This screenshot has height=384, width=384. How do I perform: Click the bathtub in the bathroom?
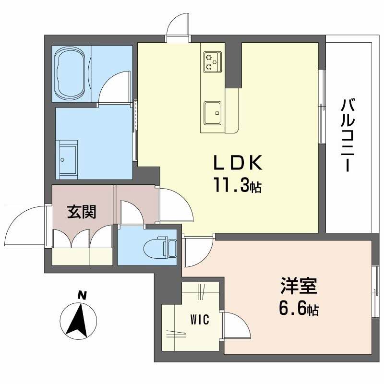tap(72, 73)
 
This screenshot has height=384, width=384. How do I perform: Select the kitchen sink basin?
tap(212, 111)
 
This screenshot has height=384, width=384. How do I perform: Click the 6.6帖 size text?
tap(298, 309)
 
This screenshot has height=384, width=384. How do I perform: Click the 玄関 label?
tap(81, 211)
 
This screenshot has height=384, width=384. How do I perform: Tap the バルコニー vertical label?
tap(348, 135)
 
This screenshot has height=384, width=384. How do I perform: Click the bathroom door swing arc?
tap(114, 85)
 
